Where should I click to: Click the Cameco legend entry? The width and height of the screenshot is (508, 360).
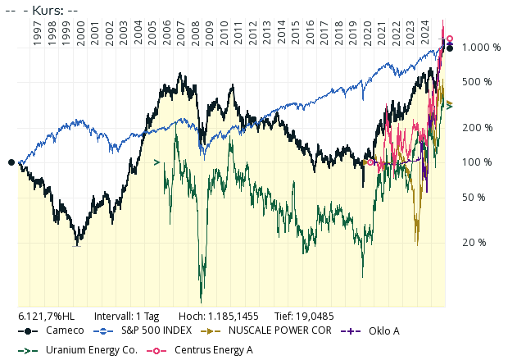(64, 330)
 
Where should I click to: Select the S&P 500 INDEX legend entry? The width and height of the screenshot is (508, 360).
(155, 330)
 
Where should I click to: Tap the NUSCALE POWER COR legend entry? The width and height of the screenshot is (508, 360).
(279, 330)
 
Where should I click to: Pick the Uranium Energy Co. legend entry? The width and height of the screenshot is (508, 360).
(91, 350)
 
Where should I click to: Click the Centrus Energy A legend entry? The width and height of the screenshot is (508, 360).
(213, 350)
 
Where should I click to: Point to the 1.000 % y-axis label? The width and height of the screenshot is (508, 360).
(481, 48)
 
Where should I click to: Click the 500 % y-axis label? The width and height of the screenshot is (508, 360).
(476, 82)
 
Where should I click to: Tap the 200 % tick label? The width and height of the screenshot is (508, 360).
(476, 128)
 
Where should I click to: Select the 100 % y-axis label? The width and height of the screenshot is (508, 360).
(476, 162)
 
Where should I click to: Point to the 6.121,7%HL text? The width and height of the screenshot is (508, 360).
(46, 316)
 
